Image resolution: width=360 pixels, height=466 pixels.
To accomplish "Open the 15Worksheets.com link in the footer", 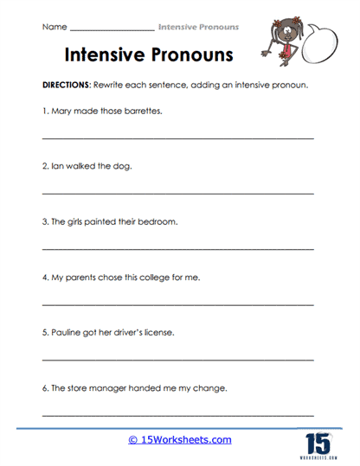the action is point(180,440).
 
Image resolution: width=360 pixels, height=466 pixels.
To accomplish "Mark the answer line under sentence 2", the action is point(177,193).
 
